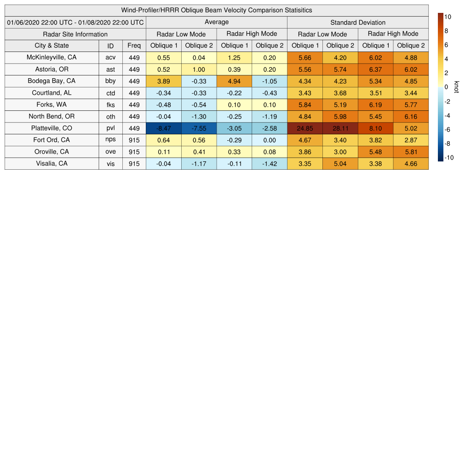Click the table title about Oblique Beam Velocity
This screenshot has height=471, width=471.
click(x=217, y=10)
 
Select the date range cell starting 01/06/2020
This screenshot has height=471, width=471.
click(x=75, y=22)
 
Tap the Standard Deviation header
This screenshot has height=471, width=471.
click(x=358, y=22)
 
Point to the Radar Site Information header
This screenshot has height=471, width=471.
click(x=75, y=34)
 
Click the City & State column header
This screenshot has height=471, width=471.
click(x=52, y=46)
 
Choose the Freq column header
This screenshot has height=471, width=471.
click(x=134, y=46)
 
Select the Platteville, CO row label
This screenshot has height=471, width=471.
click(x=52, y=128)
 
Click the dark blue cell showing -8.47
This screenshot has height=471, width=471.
click(x=164, y=128)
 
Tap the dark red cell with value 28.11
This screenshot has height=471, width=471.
click(x=340, y=128)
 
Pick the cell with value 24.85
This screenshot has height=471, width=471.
click(x=305, y=128)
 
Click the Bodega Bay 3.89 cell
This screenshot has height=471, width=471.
click(x=164, y=81)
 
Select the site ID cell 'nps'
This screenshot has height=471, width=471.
click(x=110, y=140)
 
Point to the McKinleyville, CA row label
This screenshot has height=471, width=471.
click(x=52, y=57)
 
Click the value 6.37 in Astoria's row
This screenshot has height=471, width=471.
click(x=375, y=69)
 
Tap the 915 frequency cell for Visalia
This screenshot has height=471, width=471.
click(x=134, y=164)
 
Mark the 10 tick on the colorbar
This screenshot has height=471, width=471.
click(x=448, y=17)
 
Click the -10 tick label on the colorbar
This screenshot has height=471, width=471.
click(x=449, y=158)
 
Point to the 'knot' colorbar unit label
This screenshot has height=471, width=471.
click(x=457, y=87)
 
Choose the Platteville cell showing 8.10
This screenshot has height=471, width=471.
click(x=375, y=128)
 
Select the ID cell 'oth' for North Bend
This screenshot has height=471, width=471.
click(x=110, y=117)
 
